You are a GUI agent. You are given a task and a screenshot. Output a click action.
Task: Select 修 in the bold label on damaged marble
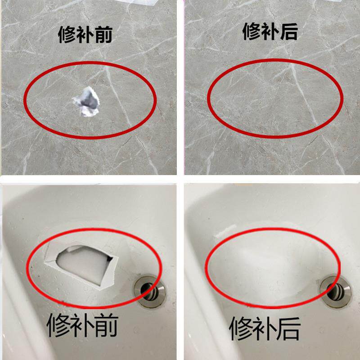tap(67, 34)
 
